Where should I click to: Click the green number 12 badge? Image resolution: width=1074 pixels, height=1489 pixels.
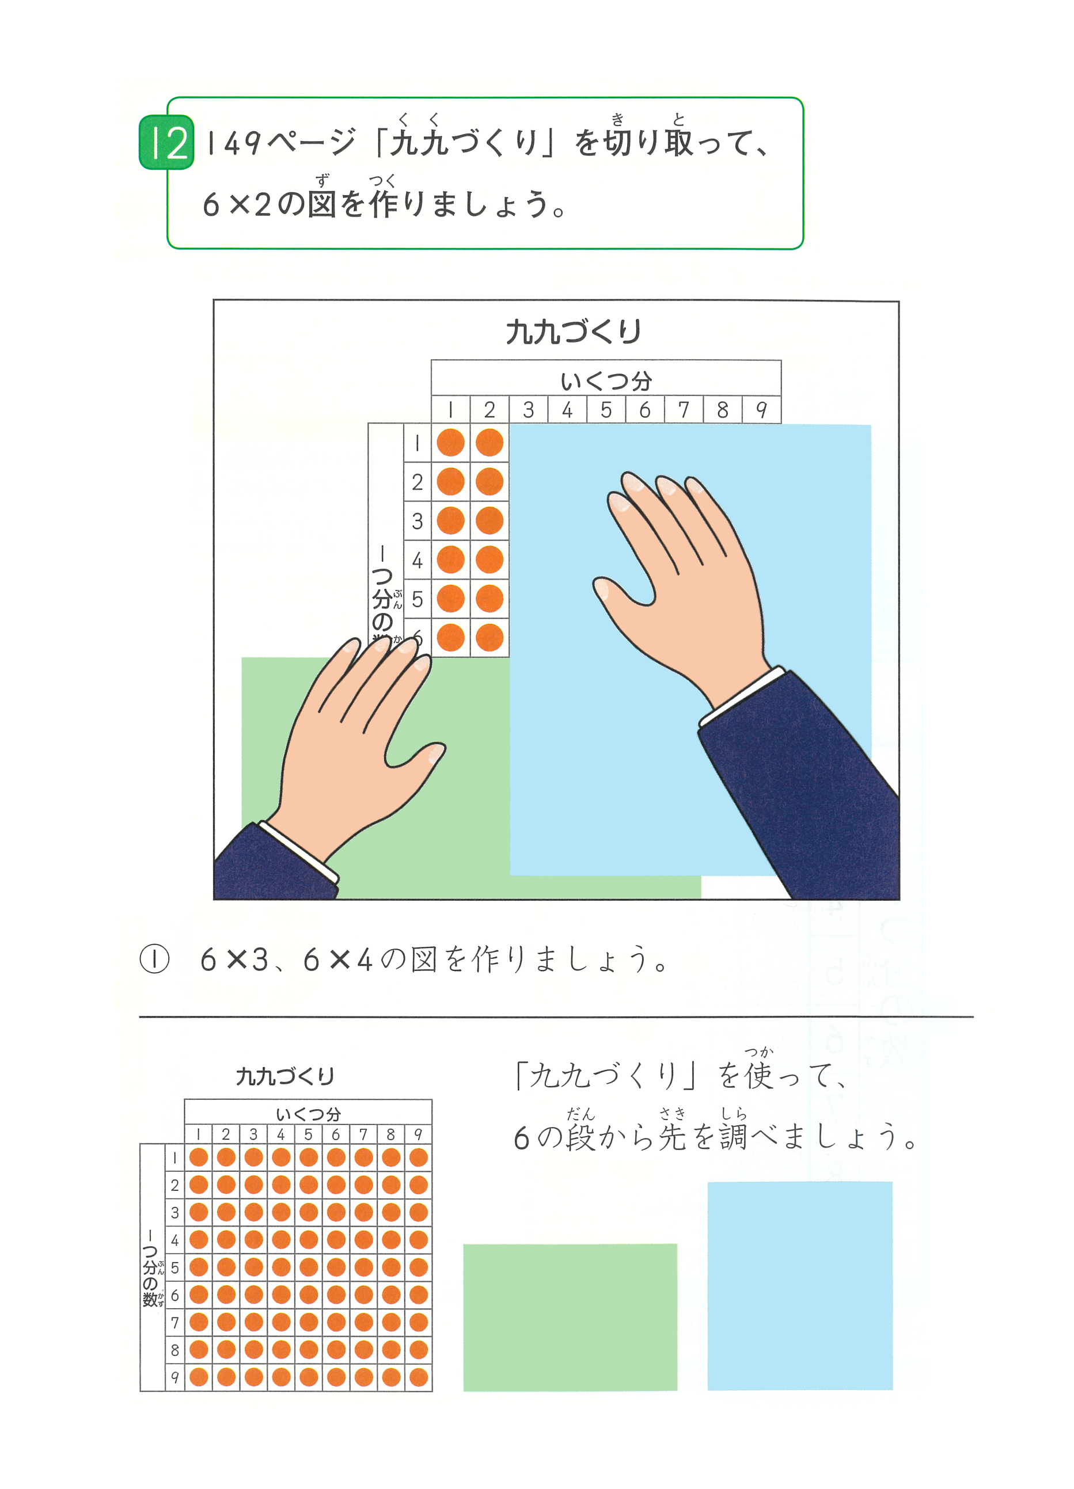pyautogui.click(x=166, y=142)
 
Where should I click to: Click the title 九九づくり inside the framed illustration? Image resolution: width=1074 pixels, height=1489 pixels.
pyautogui.click(x=573, y=332)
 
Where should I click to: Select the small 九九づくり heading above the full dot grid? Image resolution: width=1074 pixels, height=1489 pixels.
pyautogui.click(x=285, y=1076)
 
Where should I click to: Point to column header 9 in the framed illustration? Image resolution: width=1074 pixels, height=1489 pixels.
pyautogui.click(x=761, y=410)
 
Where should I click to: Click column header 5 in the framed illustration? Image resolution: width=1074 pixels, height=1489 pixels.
pyautogui.click(x=606, y=410)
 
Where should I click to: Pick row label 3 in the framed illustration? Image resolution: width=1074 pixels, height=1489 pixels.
pyautogui.click(x=417, y=521)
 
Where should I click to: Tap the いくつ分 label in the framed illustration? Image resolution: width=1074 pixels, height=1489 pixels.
pyautogui.click(x=606, y=381)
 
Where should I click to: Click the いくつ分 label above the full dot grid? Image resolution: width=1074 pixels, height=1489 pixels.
pyautogui.click(x=308, y=1114)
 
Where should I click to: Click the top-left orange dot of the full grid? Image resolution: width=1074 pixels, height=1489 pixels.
pyautogui.click(x=198, y=1157)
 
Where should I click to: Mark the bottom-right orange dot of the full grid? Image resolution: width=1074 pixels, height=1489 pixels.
pyautogui.click(x=419, y=1377)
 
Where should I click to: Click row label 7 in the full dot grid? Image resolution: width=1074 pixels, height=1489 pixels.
pyautogui.click(x=174, y=1323)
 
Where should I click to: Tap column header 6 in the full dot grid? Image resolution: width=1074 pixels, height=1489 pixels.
pyautogui.click(x=336, y=1134)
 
